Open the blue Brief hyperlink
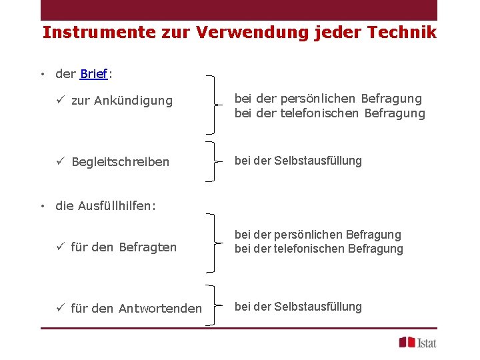click(x=93, y=74)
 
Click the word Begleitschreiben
click(x=121, y=162)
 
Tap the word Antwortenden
click(x=160, y=308)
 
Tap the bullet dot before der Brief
click(x=42, y=74)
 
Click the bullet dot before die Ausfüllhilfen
click(x=42, y=206)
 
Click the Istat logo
click(x=417, y=342)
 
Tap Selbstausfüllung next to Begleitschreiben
click(x=318, y=161)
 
